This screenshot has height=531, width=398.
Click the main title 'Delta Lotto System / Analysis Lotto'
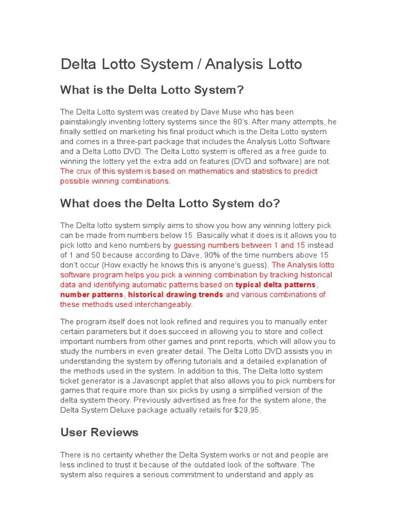(x=181, y=64)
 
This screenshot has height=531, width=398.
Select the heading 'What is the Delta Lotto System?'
(x=152, y=90)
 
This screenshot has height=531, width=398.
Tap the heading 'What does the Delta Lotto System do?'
(x=170, y=203)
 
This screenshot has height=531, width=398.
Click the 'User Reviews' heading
(x=99, y=432)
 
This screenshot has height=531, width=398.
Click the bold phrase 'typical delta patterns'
(x=275, y=285)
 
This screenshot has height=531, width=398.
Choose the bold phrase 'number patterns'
(x=92, y=295)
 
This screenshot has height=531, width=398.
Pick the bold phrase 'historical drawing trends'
(x=176, y=295)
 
